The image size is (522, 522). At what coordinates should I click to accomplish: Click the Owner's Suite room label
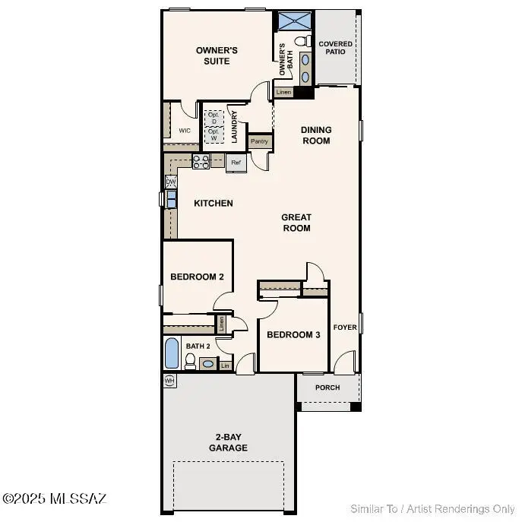click(217, 55)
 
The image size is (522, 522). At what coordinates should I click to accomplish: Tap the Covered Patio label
click(335, 48)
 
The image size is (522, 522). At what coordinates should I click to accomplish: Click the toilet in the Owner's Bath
click(301, 41)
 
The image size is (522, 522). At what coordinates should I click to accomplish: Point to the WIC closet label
click(184, 131)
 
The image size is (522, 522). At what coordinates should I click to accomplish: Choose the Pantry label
click(259, 141)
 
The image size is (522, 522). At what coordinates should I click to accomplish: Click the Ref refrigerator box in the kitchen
click(236, 163)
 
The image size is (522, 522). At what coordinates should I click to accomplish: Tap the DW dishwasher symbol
click(172, 182)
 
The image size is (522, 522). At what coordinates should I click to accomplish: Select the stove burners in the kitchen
click(201, 161)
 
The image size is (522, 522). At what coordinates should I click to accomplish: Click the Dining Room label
click(316, 135)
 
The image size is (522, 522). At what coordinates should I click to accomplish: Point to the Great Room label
click(296, 223)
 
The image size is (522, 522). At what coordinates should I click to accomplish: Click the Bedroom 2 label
click(197, 277)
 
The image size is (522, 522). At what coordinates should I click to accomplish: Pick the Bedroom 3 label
click(293, 335)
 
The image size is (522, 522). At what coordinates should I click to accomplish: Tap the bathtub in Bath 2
click(172, 354)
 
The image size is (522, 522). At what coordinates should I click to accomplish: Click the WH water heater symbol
click(169, 379)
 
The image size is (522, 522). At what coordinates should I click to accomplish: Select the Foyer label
click(345, 327)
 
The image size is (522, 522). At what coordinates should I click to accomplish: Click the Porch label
click(327, 388)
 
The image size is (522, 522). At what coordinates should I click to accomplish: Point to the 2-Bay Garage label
click(228, 443)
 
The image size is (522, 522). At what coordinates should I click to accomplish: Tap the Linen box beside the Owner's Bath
click(283, 92)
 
